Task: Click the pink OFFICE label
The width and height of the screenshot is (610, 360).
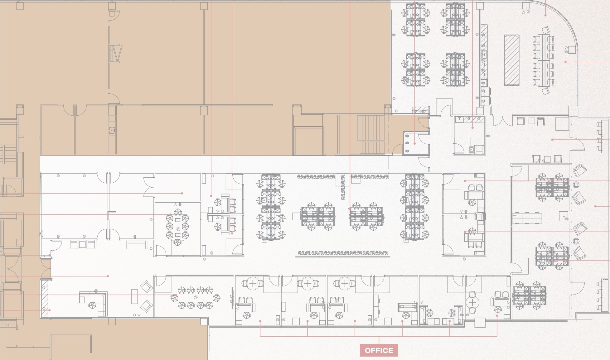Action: (x=379, y=350)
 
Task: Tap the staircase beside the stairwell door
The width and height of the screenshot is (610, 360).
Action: (x=371, y=134)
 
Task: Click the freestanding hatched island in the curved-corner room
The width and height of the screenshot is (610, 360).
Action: (x=512, y=60)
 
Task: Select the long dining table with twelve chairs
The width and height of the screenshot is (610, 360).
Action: (x=544, y=60)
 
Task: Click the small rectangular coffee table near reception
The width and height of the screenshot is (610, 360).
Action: (x=134, y=296)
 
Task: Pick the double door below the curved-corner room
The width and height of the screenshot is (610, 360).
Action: (x=502, y=121)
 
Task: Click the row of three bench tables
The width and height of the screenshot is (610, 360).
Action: (x=527, y=218)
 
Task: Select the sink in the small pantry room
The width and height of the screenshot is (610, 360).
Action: (x=472, y=150)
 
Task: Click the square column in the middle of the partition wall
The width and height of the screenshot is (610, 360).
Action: (x=112, y=216)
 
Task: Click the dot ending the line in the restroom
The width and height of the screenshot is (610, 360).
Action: (x=415, y=143)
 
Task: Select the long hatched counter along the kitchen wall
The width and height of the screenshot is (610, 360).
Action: (x=484, y=51)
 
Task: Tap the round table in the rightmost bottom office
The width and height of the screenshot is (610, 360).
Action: (x=473, y=302)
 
